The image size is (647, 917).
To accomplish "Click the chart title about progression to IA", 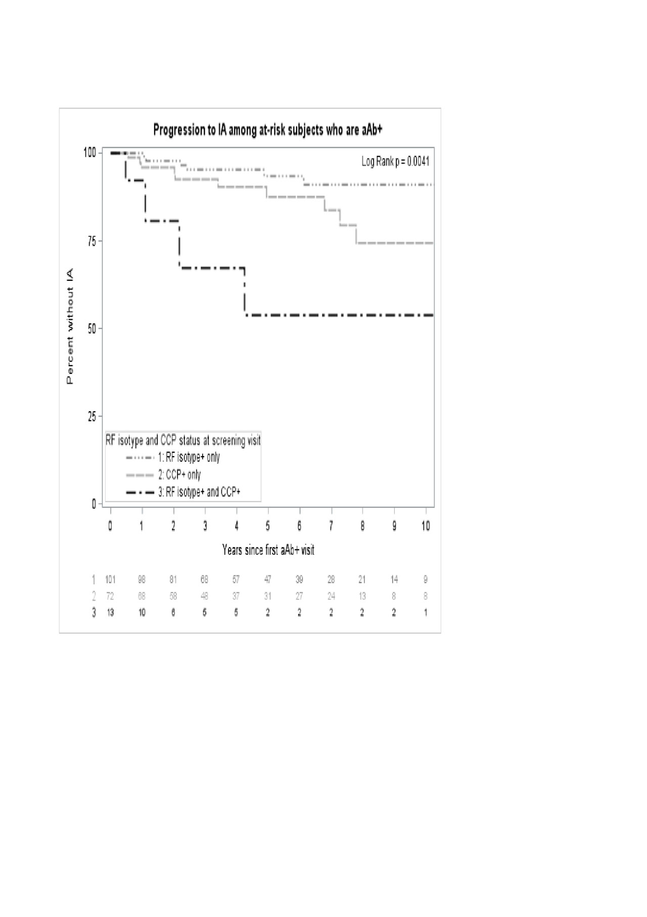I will (x=268, y=130).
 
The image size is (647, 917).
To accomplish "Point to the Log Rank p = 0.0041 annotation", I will (x=395, y=161).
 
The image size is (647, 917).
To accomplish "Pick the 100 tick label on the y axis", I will (x=89, y=152).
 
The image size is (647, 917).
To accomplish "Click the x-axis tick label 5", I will (x=268, y=526).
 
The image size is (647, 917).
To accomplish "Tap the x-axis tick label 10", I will (x=426, y=526).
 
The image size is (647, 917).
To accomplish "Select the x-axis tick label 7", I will (x=331, y=526).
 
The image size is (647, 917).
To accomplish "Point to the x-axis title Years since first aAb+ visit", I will (x=268, y=550).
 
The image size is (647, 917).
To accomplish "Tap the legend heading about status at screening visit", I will (x=183, y=441).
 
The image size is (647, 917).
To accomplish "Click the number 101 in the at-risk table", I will (x=110, y=580).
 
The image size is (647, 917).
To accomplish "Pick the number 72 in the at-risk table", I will (x=110, y=596).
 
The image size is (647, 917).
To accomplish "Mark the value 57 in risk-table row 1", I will (x=236, y=580).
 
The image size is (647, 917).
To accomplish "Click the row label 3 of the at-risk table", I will (x=94, y=613).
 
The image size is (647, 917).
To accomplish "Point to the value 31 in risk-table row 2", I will (x=268, y=596).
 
